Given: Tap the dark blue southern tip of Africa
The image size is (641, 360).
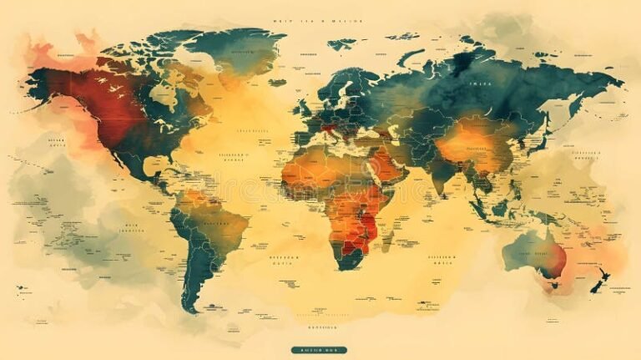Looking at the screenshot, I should tap(344, 255).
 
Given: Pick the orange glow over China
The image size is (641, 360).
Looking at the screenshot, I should tap(472, 142).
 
